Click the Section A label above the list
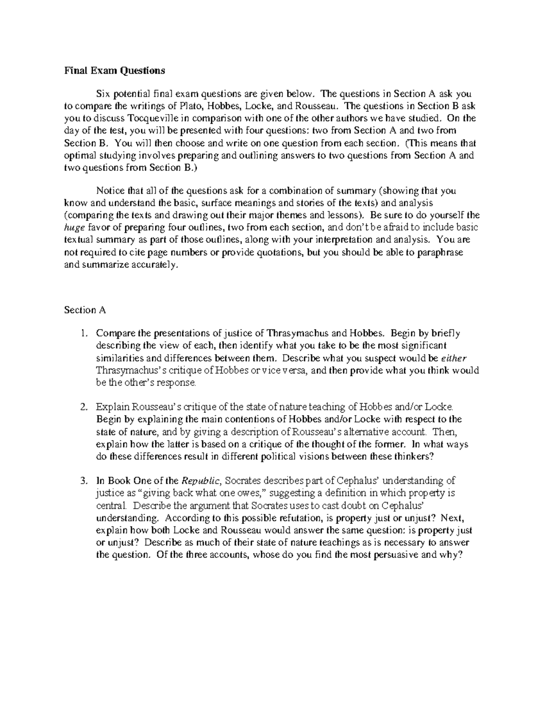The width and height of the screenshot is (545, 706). click(85, 310)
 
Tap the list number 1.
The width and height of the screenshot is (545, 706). click(84, 333)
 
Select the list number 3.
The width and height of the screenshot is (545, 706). click(84, 481)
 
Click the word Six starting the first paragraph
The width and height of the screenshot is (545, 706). click(103, 95)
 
